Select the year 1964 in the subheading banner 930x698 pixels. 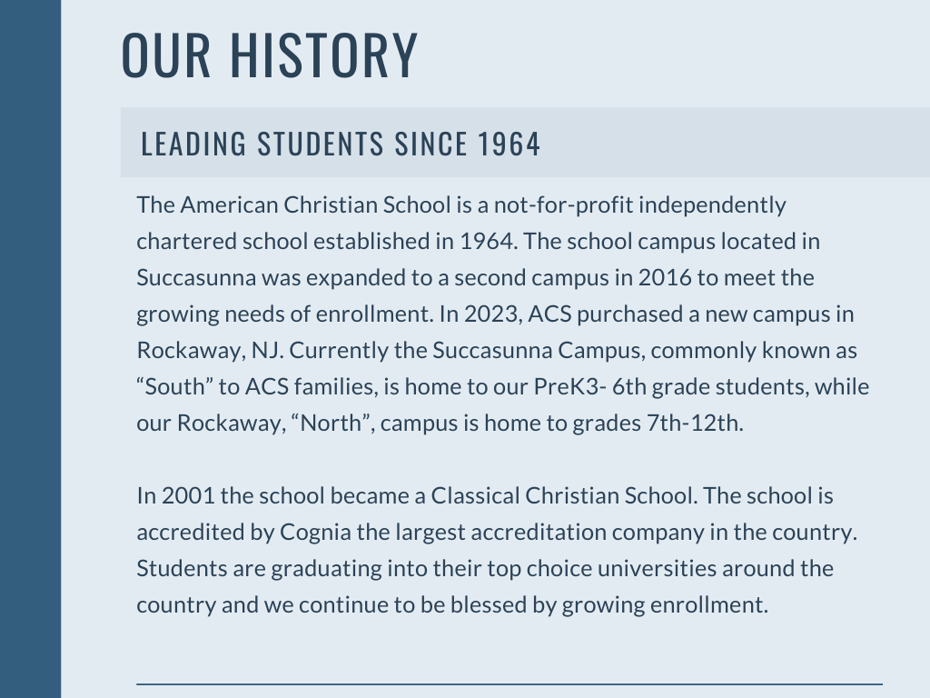click(510, 144)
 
